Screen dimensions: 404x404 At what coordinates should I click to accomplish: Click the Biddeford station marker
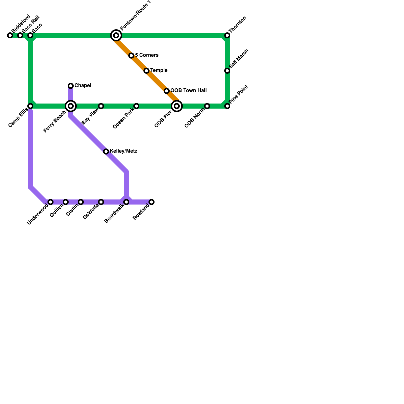[10, 36]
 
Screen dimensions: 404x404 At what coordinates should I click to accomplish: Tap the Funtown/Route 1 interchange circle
[116, 36]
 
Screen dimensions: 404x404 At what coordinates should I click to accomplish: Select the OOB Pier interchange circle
[177, 106]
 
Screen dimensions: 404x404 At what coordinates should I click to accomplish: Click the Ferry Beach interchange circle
[71, 106]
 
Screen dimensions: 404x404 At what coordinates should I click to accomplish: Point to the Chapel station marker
[71, 86]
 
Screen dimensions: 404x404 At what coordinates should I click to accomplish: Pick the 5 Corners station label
[147, 55]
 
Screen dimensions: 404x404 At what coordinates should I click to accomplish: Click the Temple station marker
[146, 71]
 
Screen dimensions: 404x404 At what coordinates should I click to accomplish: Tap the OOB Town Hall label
[188, 91]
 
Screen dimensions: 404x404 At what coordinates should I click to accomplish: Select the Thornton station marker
[227, 36]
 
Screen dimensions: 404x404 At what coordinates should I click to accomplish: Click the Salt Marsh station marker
[227, 71]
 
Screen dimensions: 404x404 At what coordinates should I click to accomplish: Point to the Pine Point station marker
[227, 106]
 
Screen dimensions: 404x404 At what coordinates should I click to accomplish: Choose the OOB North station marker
[207, 106]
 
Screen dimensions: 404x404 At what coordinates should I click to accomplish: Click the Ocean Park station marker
[136, 106]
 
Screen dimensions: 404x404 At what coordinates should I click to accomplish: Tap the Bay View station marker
[101, 106]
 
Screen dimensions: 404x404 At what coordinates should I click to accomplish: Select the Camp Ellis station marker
[30, 106]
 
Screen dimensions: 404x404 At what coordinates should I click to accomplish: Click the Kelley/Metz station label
[123, 151]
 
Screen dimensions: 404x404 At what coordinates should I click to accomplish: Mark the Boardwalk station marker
[126, 202]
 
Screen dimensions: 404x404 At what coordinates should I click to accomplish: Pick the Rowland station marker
[151, 202]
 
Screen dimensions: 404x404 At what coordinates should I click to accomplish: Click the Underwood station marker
[50, 202]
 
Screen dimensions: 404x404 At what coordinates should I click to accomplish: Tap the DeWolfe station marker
[101, 202]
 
